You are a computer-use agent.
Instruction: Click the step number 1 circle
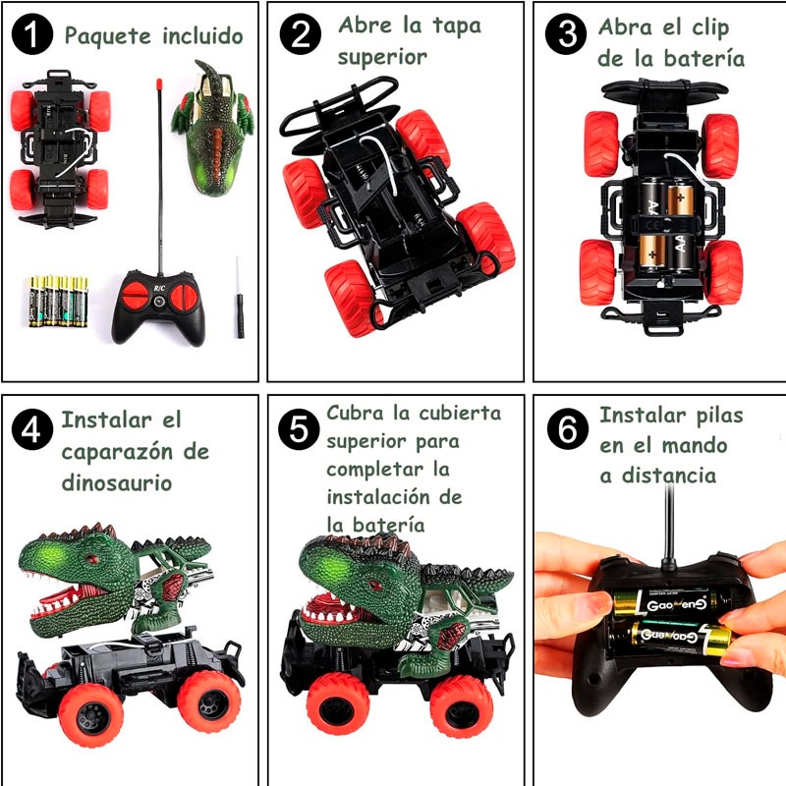(32, 33)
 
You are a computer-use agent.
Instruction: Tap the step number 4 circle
(32, 429)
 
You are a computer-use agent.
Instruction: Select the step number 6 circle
(568, 428)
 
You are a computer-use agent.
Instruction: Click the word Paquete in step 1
(107, 36)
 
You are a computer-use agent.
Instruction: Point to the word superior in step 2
(382, 57)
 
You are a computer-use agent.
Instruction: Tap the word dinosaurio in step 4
(116, 482)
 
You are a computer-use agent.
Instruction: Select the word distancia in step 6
(669, 476)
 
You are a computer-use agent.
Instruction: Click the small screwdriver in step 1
(240, 298)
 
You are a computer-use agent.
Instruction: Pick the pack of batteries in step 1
(58, 302)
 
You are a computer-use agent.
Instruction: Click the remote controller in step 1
(158, 308)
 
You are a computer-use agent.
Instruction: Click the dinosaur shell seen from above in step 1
(212, 129)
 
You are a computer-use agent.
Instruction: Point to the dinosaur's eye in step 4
(91, 558)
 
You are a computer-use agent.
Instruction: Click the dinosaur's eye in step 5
(373, 585)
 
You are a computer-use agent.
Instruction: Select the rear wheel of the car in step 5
(462, 705)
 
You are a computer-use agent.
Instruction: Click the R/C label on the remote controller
(159, 288)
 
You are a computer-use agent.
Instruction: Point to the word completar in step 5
(375, 471)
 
